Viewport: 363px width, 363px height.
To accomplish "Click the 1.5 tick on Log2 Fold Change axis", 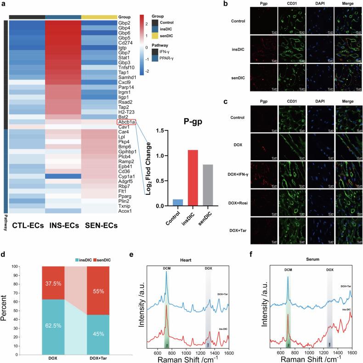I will click(161, 131).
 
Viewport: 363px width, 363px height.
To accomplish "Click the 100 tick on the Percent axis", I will click(28, 267).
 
